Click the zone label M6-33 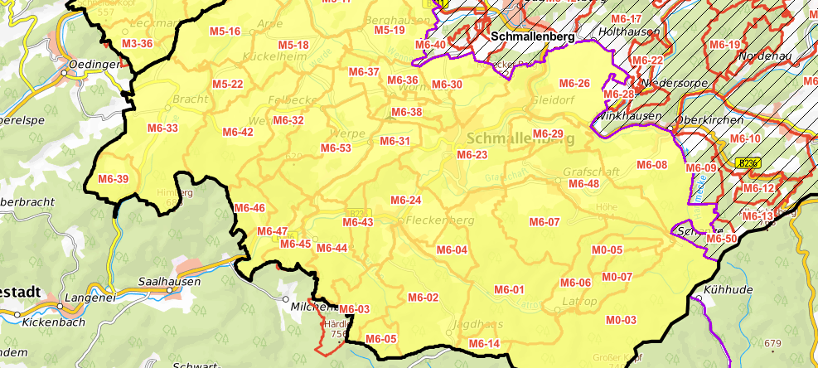click(x=162, y=128)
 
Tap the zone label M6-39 click(x=114, y=179)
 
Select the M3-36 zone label click(x=137, y=43)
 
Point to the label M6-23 click(x=472, y=155)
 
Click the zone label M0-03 click(x=621, y=320)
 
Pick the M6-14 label click(x=484, y=343)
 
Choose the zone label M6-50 click(x=721, y=239)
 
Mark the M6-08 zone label click(x=651, y=165)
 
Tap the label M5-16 click(x=225, y=31)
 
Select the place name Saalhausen click(x=169, y=282)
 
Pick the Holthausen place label click(x=629, y=31)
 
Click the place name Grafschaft click(x=585, y=171)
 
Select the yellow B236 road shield click(x=748, y=164)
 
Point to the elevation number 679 click(x=773, y=343)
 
